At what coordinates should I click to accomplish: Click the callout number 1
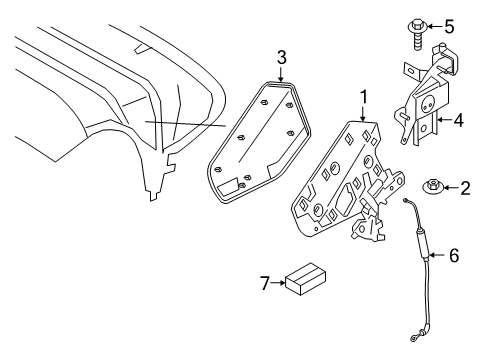coord(364,97)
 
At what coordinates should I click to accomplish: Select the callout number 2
coord(465,188)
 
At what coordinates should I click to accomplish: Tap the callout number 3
coord(282,57)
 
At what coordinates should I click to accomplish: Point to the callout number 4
coord(459,120)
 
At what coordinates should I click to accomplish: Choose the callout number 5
coord(449,26)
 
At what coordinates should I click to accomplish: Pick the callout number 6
coord(454,256)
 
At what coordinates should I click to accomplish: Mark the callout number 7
coord(265,283)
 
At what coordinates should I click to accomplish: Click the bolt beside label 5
coord(417,35)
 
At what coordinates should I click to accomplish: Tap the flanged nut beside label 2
coord(432,187)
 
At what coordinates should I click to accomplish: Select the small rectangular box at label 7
coord(306,279)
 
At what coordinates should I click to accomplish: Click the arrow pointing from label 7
coord(278,283)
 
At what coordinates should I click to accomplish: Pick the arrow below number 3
coord(281,74)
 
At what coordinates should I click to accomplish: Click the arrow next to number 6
coord(438,256)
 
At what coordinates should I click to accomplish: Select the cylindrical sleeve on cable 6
coord(422,243)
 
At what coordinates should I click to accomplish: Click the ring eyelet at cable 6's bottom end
coord(413,339)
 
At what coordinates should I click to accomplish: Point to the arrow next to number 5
coord(435,26)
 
